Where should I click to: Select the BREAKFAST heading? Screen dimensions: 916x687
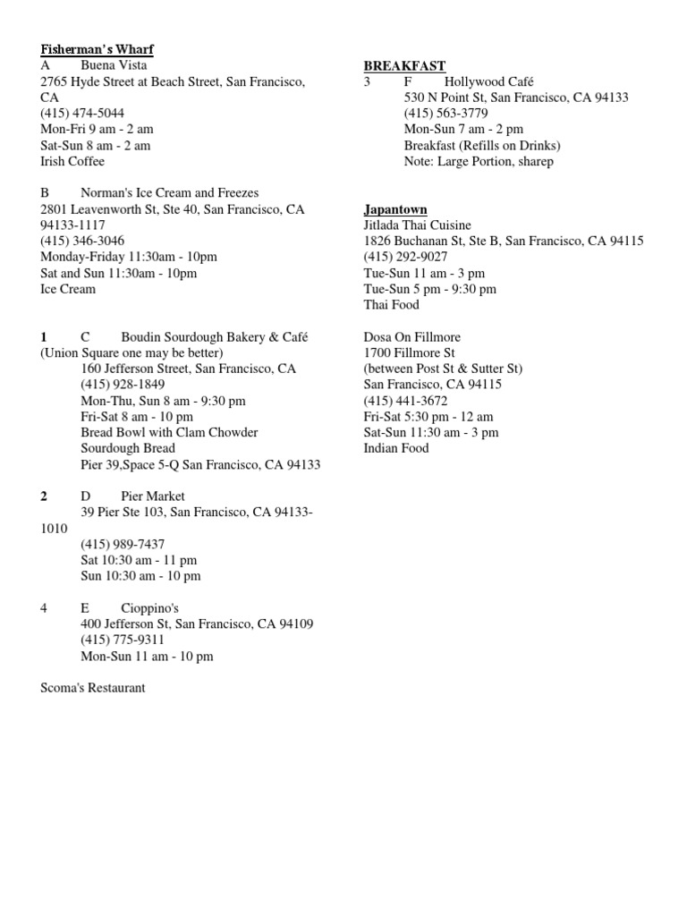coord(404,65)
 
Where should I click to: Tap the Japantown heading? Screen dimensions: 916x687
coord(394,209)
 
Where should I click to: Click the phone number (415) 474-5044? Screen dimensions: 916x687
coord(82,114)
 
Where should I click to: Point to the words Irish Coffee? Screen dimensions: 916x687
coord(72,162)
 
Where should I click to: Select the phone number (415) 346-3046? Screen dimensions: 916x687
coord(82,242)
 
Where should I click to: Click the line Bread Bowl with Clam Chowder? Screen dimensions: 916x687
coord(169,433)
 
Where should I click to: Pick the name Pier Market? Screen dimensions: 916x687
coord(153,496)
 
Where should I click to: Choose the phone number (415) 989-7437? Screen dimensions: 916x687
coord(123,545)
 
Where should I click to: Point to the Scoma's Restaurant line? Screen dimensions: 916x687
coord(93,689)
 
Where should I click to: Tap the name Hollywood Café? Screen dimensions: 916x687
coord(488,81)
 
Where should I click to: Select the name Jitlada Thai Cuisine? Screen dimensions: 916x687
coord(417,225)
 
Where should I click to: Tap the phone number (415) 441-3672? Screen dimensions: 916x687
coord(405,401)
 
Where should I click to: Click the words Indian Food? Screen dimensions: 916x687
coord(396,449)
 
